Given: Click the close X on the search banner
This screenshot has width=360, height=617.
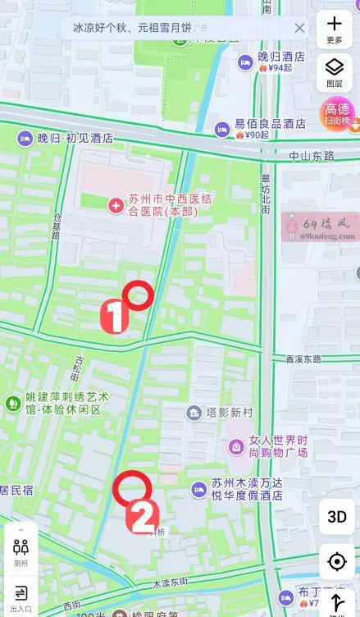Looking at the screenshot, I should click(x=300, y=28).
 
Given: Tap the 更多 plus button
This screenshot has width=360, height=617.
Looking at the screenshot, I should click(x=335, y=29).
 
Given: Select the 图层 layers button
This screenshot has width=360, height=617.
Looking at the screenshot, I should click(x=335, y=72).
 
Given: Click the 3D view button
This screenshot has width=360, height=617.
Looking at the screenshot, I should click(x=337, y=516).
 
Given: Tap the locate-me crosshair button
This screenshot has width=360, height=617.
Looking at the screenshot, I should click(x=337, y=562).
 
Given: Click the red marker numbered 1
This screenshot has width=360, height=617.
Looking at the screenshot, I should click(x=114, y=317).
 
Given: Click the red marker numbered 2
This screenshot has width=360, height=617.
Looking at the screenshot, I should click(x=142, y=516).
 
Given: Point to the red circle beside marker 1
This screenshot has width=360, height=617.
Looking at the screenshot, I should click(x=139, y=295).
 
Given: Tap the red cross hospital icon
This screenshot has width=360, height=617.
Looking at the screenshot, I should click(x=116, y=203).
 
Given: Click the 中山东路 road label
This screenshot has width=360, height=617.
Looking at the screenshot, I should click(x=312, y=155).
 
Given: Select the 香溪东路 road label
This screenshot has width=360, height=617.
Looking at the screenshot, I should click(x=305, y=359).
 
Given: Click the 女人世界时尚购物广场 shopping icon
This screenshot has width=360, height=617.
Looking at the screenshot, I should click(x=235, y=447).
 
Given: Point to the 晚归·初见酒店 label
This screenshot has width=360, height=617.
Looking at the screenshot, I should click(x=75, y=139).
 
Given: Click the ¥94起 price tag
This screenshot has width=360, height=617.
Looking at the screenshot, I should click(x=276, y=68).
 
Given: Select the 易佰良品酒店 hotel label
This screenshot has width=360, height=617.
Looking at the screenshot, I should click(x=270, y=123).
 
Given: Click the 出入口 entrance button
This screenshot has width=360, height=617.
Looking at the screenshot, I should click(x=21, y=596).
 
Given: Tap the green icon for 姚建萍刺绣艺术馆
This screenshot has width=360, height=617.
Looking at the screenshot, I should click(x=12, y=403).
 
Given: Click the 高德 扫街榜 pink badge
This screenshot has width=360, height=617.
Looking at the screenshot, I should click(x=336, y=113).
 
